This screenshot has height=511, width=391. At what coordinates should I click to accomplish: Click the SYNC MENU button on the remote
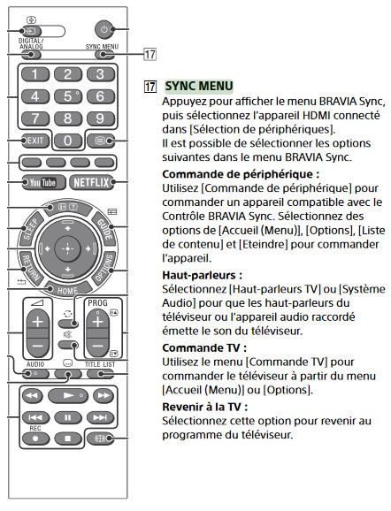104,55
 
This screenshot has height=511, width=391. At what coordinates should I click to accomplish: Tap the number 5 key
68,96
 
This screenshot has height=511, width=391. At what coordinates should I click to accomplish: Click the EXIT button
35,141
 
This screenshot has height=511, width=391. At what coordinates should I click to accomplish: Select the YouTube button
43,182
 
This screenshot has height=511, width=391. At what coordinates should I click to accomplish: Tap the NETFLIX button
91,182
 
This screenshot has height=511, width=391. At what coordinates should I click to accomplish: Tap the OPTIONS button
104,268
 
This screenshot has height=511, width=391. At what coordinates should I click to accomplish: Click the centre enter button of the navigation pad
68,249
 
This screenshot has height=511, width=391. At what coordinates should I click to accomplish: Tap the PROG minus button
98,346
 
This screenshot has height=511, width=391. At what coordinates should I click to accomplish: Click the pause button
68,417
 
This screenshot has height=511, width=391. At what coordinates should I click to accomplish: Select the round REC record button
35,439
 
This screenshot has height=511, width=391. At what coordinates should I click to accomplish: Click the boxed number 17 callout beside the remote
150,54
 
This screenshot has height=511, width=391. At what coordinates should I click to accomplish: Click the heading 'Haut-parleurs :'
203,275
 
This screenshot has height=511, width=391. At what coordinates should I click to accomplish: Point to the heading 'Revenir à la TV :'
205,407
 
